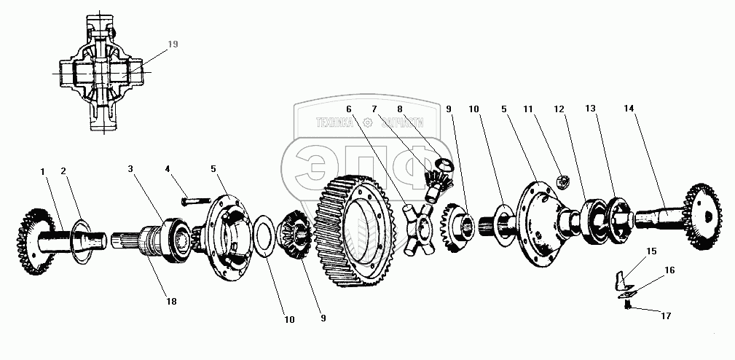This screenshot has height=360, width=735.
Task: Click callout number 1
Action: [x=43, y=171]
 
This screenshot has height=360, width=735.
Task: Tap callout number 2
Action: [x=63, y=171]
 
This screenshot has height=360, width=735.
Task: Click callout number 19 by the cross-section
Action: [x=173, y=44]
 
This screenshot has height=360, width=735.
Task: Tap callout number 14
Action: [x=629, y=109]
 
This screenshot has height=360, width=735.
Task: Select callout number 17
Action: [x=665, y=316]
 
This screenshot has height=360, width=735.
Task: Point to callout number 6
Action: [x=349, y=109]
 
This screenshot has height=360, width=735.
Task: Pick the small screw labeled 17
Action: [x=626, y=306]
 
